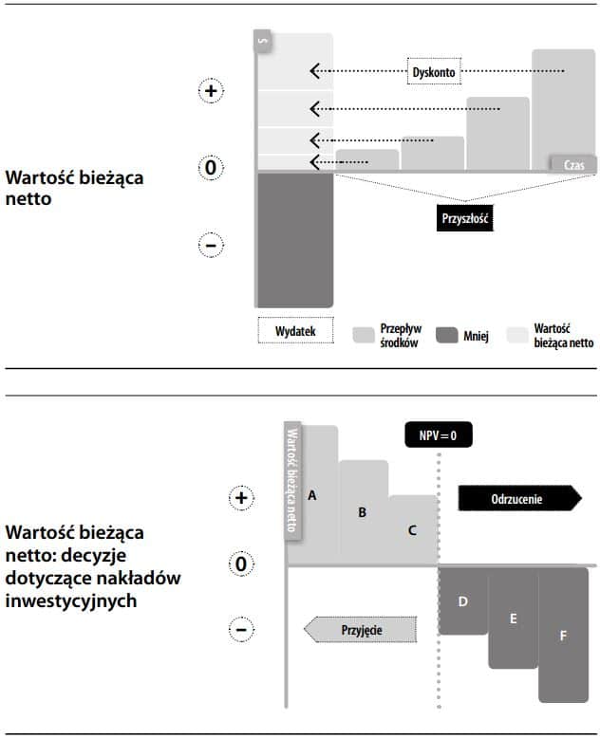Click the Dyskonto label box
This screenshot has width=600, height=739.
tap(434, 71)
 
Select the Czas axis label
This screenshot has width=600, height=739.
tap(573, 164)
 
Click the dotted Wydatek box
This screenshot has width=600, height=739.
tap(295, 331)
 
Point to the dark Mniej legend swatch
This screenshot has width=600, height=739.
tap(447, 335)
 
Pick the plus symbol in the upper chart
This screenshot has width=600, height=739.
tap(211, 91)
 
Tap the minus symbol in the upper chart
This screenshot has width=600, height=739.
tap(211, 246)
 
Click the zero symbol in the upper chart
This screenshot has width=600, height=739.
tap(211, 169)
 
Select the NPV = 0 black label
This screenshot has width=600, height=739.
tap(438, 434)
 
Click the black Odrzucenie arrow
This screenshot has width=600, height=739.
tap(518, 498)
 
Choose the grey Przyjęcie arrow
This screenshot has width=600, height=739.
tap(361, 629)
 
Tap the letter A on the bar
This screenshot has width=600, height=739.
tap(311, 495)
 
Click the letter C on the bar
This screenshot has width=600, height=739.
tap(412, 530)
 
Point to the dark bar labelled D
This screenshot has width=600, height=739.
tap(463, 601)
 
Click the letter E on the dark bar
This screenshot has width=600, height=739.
tap(514, 619)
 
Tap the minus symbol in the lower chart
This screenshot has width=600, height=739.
tap(241, 629)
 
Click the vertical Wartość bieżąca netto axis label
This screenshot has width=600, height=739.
tap(292, 479)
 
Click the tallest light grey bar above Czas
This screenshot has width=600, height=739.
tap(563, 104)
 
